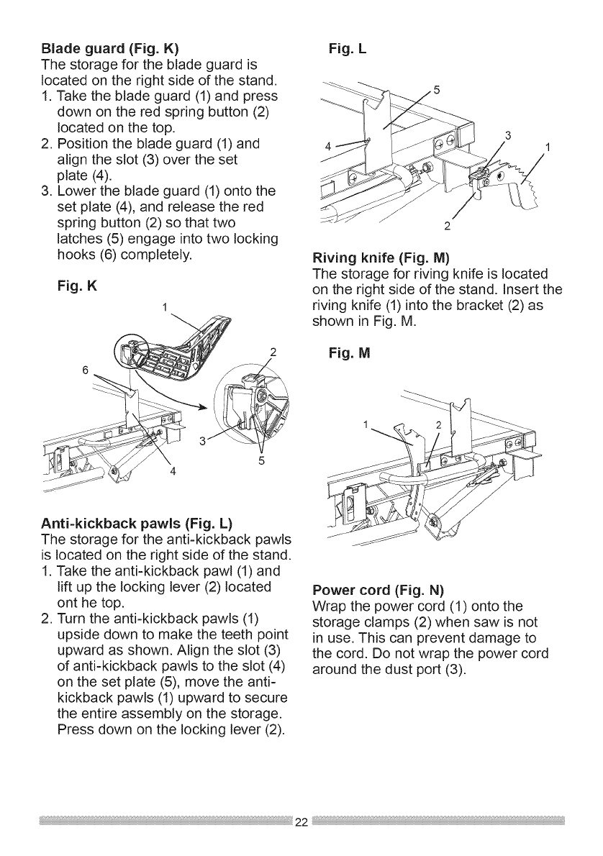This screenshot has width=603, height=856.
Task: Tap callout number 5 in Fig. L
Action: (x=436, y=91)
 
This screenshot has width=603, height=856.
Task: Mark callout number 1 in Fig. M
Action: (x=368, y=423)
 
